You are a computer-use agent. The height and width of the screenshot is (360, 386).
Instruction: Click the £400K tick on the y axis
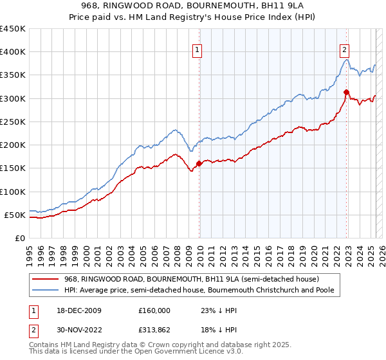click(12, 52)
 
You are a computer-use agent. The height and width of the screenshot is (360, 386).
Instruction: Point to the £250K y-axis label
click(12, 122)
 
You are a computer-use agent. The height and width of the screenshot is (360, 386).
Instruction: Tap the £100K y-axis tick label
click(12, 192)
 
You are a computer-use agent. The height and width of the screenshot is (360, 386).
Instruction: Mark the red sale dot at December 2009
click(199, 163)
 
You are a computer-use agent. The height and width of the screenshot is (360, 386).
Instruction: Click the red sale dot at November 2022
click(346, 92)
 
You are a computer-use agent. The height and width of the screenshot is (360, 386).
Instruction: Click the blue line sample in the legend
click(46, 290)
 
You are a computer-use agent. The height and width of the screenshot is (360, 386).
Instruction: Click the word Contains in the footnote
click(46, 346)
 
